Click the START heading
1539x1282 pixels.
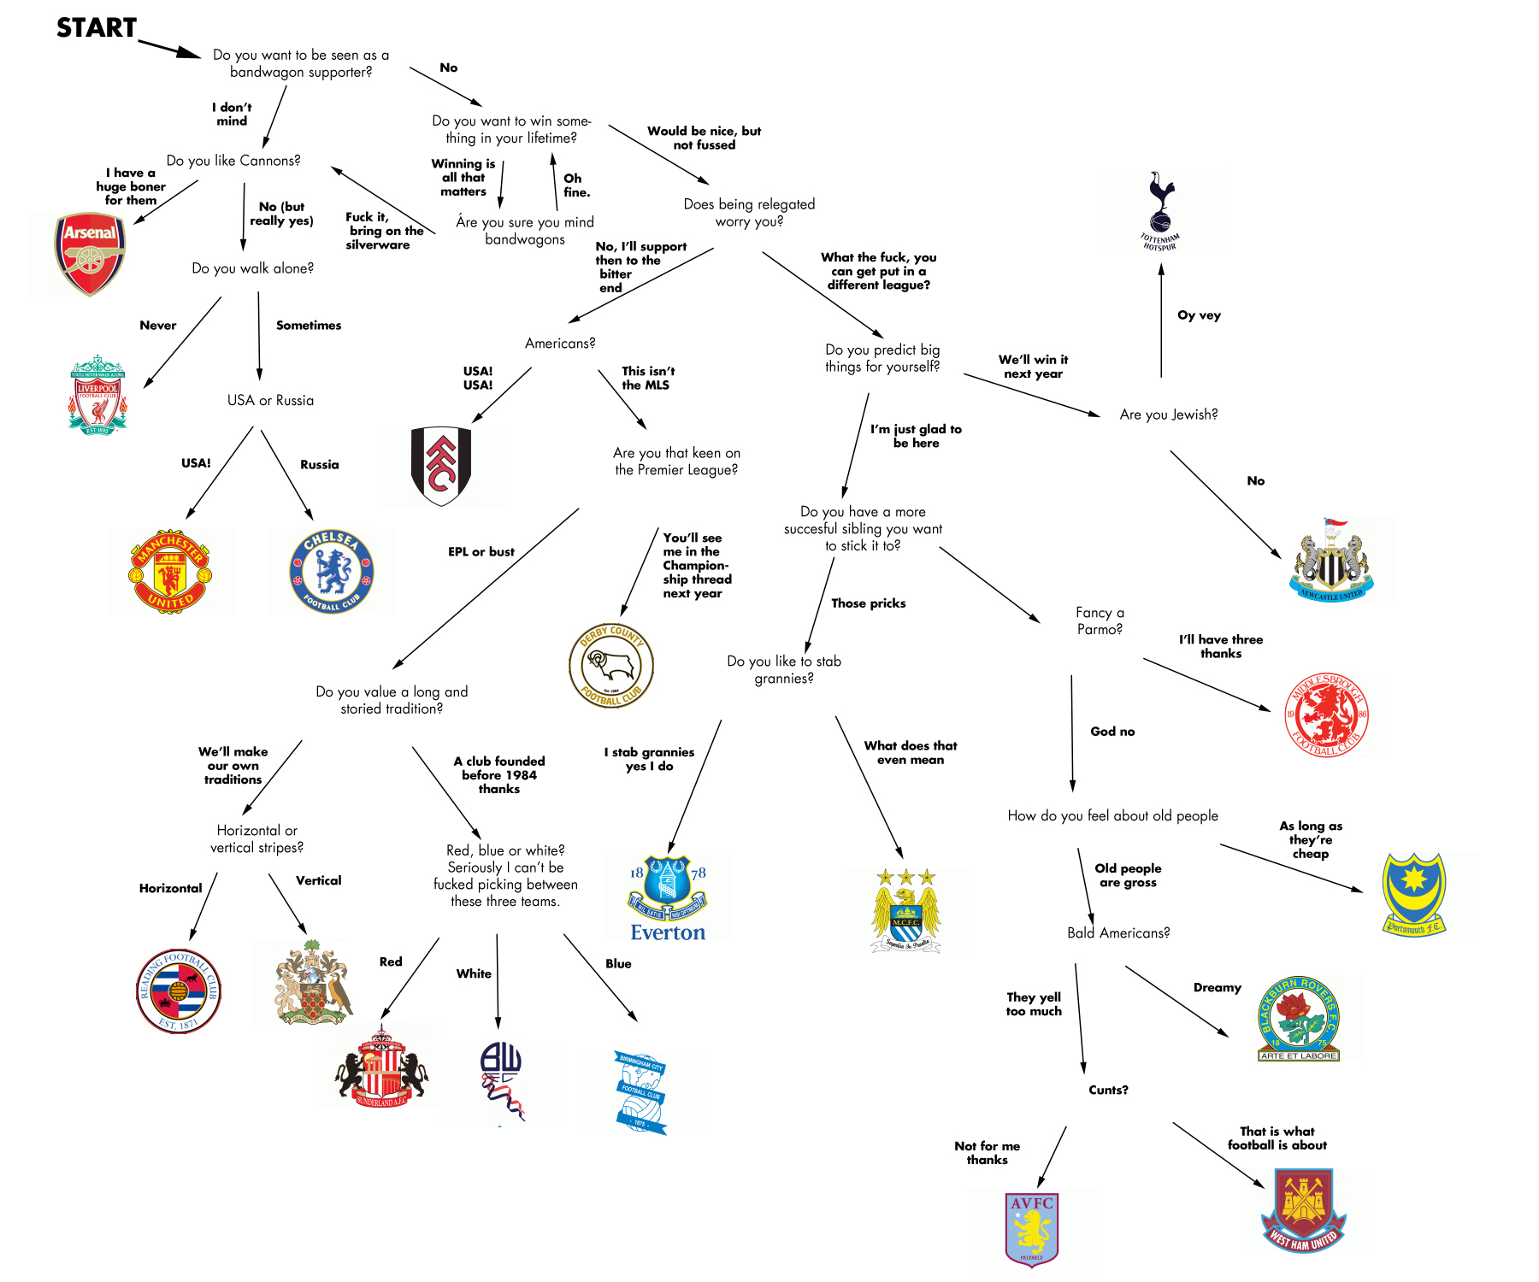(x=97, y=28)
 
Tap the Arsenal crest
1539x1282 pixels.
(x=91, y=254)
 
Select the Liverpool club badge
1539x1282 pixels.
(x=97, y=395)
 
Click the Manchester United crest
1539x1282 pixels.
(x=170, y=571)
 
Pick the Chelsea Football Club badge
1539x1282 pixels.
(x=332, y=571)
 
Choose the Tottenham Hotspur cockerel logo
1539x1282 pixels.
(x=1160, y=210)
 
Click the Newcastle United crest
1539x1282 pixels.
(x=1331, y=560)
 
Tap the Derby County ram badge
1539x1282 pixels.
(x=611, y=665)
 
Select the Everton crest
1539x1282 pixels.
(x=668, y=898)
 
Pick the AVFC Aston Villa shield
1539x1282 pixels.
(x=1032, y=1229)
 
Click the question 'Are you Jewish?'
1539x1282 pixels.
(x=1168, y=415)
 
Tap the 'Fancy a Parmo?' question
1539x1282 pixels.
(x=1100, y=620)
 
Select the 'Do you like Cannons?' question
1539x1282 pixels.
(x=233, y=161)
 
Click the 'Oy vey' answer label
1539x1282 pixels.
(x=1199, y=315)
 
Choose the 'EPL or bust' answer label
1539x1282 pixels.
(x=481, y=552)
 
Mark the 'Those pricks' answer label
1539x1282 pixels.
(x=868, y=603)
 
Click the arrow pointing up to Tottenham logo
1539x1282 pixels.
(x=1161, y=320)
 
